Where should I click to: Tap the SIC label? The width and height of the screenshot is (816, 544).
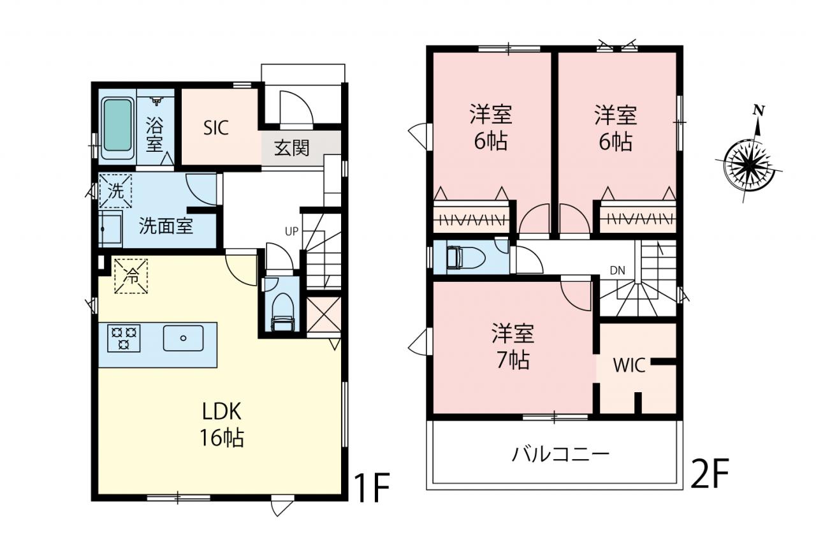(x=215, y=128)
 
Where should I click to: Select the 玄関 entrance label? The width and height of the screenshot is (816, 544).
(x=291, y=147)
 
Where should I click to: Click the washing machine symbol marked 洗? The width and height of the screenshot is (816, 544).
(x=115, y=191)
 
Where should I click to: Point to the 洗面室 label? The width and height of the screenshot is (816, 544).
(x=166, y=226)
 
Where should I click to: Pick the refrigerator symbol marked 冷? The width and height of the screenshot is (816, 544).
(x=131, y=276)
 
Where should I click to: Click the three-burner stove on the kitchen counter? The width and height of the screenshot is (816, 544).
(x=124, y=338)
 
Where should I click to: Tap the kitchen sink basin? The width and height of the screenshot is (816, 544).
(x=183, y=338)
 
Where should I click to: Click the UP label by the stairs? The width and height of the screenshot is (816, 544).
(x=291, y=232)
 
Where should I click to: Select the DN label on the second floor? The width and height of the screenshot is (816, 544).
(x=618, y=270)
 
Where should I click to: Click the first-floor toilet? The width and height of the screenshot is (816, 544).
(x=282, y=312)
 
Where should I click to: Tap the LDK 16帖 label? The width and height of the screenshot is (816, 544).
(x=221, y=424)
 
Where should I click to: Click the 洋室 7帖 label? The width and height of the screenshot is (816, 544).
(x=513, y=346)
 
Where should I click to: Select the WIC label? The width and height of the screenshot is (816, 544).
(x=629, y=365)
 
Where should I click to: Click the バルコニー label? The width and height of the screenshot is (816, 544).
(x=560, y=455)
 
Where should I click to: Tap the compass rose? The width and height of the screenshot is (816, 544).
(x=748, y=166)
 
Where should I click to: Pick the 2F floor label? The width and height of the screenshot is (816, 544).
(x=710, y=473)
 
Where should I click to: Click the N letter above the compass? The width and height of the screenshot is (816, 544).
(x=759, y=111)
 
